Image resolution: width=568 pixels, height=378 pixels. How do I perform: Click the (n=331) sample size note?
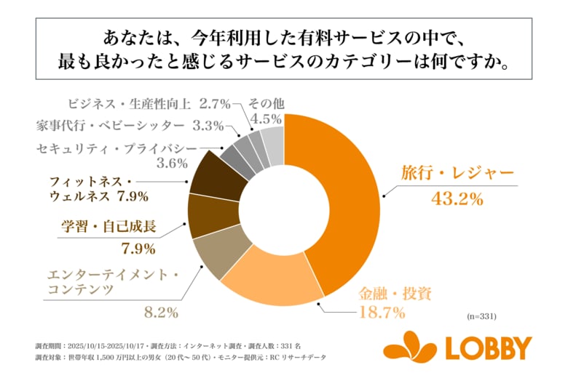pos(481,316)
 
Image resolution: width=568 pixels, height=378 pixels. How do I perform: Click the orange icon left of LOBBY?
pos(409,347)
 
